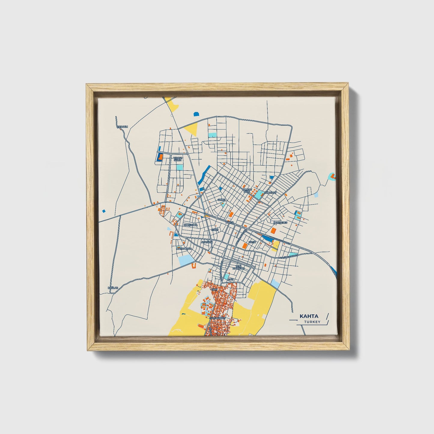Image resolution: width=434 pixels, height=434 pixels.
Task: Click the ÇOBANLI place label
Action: (122, 127)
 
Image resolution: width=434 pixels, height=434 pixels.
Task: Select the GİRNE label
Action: (221, 199)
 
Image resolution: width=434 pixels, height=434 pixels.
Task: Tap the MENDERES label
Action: (281, 223)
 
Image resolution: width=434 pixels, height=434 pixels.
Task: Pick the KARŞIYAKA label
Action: (191, 225)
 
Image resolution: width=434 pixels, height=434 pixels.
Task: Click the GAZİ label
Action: (231, 279)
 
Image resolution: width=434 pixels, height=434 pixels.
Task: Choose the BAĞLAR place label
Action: (113, 288)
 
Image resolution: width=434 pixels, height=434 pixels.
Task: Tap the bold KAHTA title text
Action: (309, 316)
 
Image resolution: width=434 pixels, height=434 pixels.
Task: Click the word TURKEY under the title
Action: (312, 322)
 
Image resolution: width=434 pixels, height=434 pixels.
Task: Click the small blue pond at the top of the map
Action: (196, 114)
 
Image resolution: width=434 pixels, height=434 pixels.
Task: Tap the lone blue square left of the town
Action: (104, 211)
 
